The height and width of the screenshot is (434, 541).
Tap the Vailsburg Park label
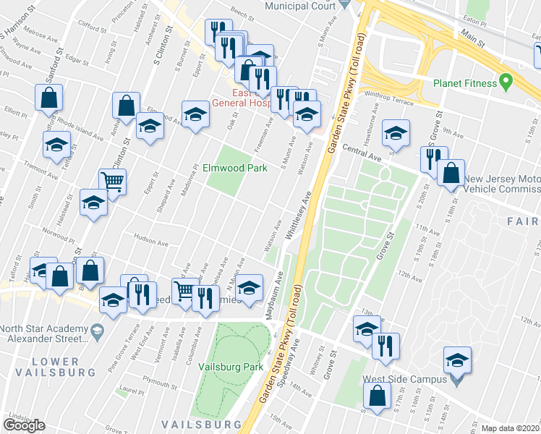[x=231, y=367]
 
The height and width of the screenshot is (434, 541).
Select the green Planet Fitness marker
[x=506, y=82]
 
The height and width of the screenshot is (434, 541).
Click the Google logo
[x=25, y=425]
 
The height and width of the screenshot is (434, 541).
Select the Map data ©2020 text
[x=511, y=428]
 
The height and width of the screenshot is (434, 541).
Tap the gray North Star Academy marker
[x=96, y=331]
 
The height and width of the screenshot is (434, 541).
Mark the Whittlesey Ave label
[x=297, y=214]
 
